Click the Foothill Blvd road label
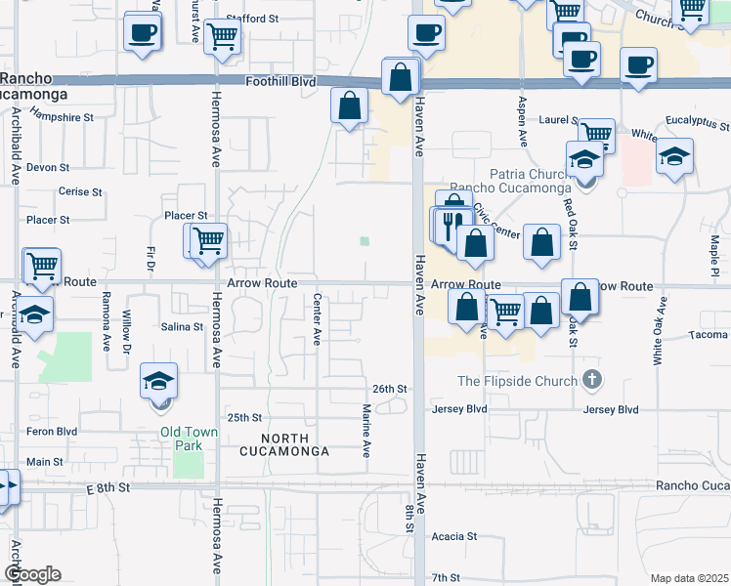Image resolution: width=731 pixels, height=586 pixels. (x=280, y=83)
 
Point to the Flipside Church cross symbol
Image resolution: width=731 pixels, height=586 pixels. (x=590, y=379)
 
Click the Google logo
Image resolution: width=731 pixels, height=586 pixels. (x=32, y=574)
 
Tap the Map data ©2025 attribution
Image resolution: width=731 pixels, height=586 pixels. (x=690, y=578)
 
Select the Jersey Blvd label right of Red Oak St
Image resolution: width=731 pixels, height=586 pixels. (x=611, y=410)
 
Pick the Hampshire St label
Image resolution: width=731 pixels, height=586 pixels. (x=61, y=117)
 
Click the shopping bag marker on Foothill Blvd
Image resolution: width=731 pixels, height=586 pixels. (x=401, y=77)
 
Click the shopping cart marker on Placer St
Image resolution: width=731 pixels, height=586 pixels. (x=208, y=240)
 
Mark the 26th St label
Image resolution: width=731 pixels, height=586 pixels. (x=388, y=389)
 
